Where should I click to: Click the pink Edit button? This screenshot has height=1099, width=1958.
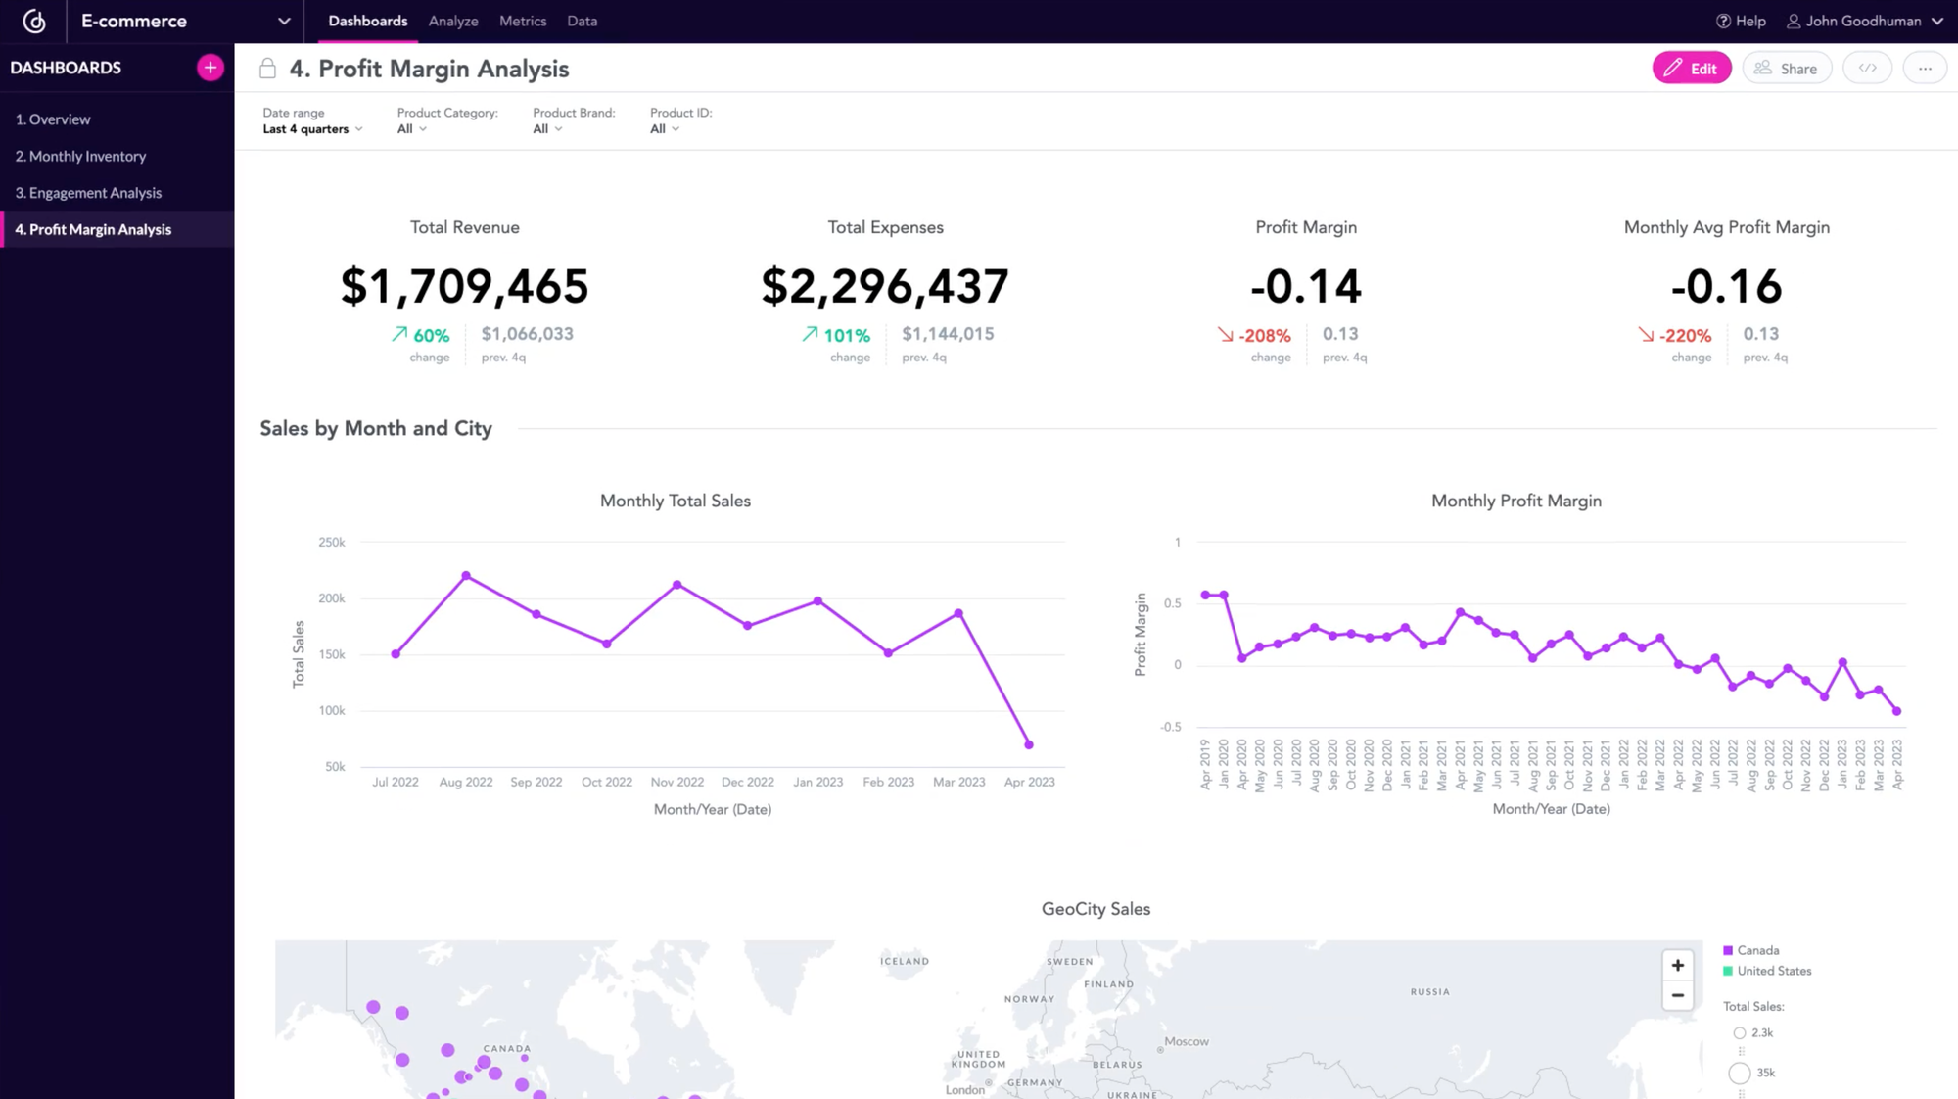[x=1691, y=68]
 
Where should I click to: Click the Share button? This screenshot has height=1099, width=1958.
[x=1787, y=68]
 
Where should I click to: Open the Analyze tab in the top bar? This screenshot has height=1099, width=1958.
[x=453, y=21]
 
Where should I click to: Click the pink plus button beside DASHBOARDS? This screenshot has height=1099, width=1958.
[x=210, y=68]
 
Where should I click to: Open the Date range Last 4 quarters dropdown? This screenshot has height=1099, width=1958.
[x=312, y=129]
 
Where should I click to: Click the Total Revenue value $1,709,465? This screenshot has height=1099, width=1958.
[x=464, y=286]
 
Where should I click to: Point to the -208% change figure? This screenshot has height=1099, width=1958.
[x=1264, y=335]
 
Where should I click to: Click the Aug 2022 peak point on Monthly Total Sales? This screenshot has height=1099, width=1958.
[x=466, y=576]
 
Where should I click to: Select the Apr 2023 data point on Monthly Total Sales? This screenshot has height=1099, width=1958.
[x=1029, y=744]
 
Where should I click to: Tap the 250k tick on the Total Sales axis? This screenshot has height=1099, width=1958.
[x=332, y=542]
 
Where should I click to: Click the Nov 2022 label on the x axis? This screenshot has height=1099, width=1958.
[x=676, y=782]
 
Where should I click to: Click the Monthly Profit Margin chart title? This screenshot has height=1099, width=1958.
[x=1515, y=501]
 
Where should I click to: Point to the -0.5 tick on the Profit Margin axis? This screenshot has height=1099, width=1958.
[x=1171, y=727]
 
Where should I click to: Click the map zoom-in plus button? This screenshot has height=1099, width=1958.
[x=1677, y=965]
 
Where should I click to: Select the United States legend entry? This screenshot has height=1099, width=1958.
[x=1773, y=971]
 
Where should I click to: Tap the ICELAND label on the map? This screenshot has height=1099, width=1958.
[x=904, y=961]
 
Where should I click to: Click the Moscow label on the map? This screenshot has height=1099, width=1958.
[x=1187, y=1041]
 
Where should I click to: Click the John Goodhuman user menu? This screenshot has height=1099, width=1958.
[x=1865, y=21]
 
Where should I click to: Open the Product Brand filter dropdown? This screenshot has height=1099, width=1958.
[x=547, y=129]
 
